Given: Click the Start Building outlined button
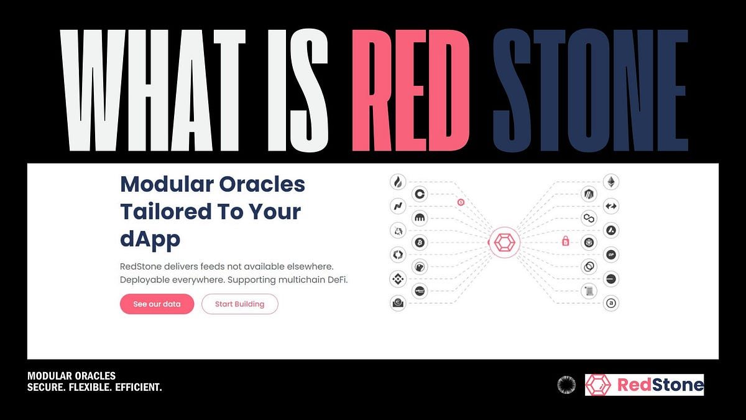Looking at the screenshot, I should pyautogui.click(x=239, y=304).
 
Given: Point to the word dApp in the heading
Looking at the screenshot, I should pyautogui.click(x=150, y=238).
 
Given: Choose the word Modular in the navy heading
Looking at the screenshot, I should pyautogui.click(x=165, y=184).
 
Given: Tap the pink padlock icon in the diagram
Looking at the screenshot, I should pyautogui.click(x=566, y=240).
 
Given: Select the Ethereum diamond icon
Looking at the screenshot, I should pyautogui.click(x=611, y=182).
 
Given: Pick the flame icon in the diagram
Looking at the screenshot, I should pyautogui.click(x=397, y=182).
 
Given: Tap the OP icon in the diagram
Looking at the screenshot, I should pyautogui.click(x=611, y=255).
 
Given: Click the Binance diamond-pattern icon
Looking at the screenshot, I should pyautogui.click(x=397, y=279).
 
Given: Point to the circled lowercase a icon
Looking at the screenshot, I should pyautogui.click(x=611, y=304).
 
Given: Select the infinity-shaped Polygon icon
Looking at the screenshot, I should pyautogui.click(x=589, y=218).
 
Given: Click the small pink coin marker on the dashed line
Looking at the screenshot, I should pyautogui.click(x=461, y=202).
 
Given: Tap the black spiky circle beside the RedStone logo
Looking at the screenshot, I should pyautogui.click(x=566, y=385).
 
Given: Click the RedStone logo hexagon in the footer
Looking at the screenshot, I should pyautogui.click(x=599, y=385).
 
